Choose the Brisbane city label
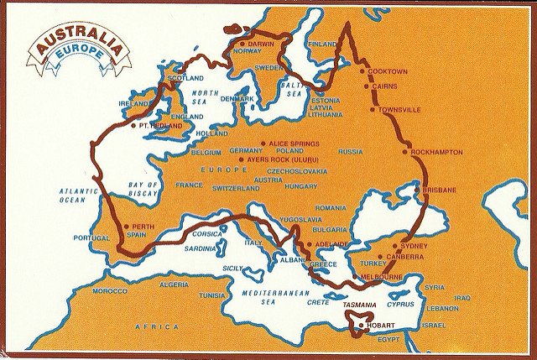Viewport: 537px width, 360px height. click(x=440, y=190)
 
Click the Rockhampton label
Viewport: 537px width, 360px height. click(x=437, y=152)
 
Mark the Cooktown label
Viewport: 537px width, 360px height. click(x=388, y=71)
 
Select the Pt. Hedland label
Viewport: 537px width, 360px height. click(x=160, y=125)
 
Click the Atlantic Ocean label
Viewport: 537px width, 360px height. click(x=79, y=196)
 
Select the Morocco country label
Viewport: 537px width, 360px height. click(x=109, y=290)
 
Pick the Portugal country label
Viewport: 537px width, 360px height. click(x=91, y=238)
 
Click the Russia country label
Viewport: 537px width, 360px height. click(x=351, y=152)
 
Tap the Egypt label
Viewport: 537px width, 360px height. click(x=389, y=340)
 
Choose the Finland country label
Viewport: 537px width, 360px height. click(x=322, y=44)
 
